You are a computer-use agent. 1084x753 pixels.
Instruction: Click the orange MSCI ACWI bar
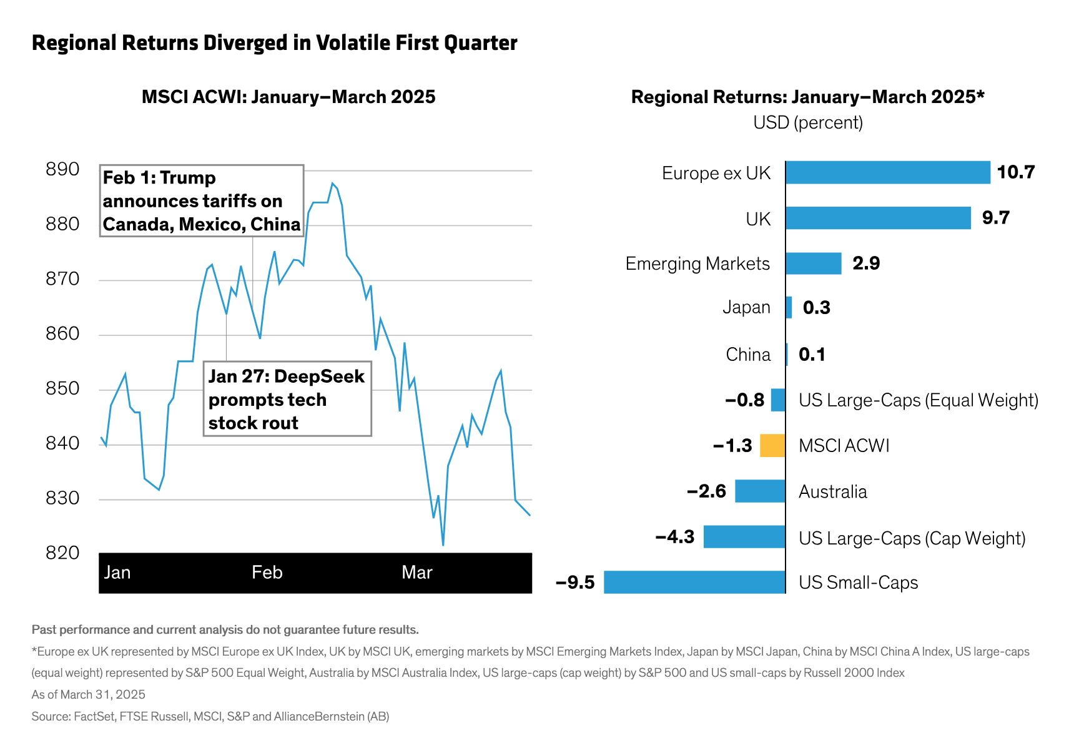tap(772, 446)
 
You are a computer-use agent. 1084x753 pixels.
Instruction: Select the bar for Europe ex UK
tap(887, 172)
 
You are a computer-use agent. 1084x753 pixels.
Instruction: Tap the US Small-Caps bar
tap(694, 582)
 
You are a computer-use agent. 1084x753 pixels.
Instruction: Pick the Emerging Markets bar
tap(813, 263)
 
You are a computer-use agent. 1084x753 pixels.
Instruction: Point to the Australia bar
tap(760, 491)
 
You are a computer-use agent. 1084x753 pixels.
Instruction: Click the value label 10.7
tap(1016, 172)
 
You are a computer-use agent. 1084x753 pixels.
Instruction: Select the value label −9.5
tap(575, 583)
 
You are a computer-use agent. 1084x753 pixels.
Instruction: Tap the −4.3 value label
tap(675, 537)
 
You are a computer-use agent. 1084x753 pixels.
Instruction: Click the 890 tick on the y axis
tap(62, 169)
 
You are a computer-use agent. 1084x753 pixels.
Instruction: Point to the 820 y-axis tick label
tap(62, 553)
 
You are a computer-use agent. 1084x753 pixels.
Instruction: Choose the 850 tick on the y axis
tap(62, 388)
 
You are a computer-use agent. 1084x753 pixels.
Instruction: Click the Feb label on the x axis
tap(267, 573)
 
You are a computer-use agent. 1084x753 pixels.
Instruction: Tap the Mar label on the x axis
tap(417, 573)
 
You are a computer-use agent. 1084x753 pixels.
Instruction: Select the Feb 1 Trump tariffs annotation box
tap(202, 201)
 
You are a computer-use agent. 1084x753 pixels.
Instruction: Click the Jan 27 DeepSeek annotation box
tap(287, 399)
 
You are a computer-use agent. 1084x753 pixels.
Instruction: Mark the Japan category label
tap(746, 307)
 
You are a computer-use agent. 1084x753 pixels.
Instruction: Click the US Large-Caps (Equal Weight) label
tap(919, 400)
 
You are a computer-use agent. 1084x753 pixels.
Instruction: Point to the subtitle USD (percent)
tap(808, 122)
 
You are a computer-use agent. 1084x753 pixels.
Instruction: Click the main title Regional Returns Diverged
tap(275, 43)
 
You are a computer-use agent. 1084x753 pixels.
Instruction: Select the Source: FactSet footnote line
tap(210, 716)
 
